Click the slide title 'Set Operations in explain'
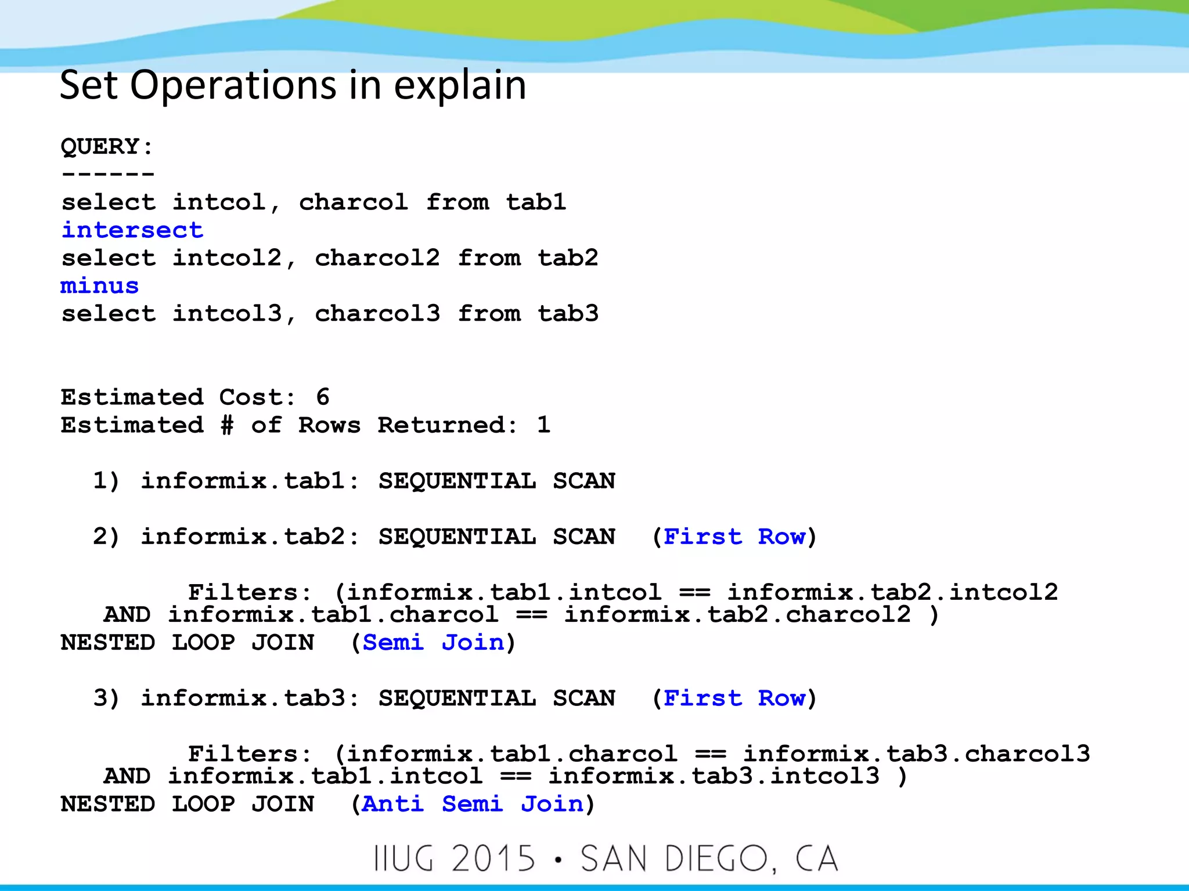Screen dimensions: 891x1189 pyautogui.click(x=293, y=85)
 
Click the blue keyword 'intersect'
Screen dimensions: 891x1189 pyautogui.click(x=132, y=230)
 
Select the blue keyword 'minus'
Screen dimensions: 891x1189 pyautogui.click(x=100, y=286)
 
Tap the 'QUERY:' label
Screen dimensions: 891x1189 pyautogui.click(x=107, y=146)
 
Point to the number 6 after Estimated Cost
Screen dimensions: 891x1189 pyautogui.click(x=323, y=397)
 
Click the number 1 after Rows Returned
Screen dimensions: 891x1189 pyautogui.click(x=543, y=425)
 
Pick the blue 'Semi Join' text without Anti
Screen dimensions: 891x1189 pyautogui.click(x=433, y=643)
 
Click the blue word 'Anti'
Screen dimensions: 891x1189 pyautogui.click(x=393, y=804)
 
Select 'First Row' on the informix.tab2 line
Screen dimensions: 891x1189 pyautogui.click(x=734, y=537)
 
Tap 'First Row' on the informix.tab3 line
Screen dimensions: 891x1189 pyautogui.click(x=734, y=698)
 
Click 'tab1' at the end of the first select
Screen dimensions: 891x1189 pyautogui.click(x=536, y=202)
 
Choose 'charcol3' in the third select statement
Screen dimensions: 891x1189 pyautogui.click(x=377, y=314)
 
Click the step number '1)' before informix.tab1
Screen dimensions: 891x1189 pyautogui.click(x=106, y=481)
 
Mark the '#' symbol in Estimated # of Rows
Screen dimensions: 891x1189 pyautogui.click(x=227, y=425)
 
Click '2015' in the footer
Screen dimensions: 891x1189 pyautogui.click(x=493, y=859)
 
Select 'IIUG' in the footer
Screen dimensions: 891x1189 pyautogui.click(x=404, y=859)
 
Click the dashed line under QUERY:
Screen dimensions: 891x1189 pyautogui.click(x=108, y=174)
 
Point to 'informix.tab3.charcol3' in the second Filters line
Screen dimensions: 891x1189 pyautogui.click(x=917, y=754)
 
